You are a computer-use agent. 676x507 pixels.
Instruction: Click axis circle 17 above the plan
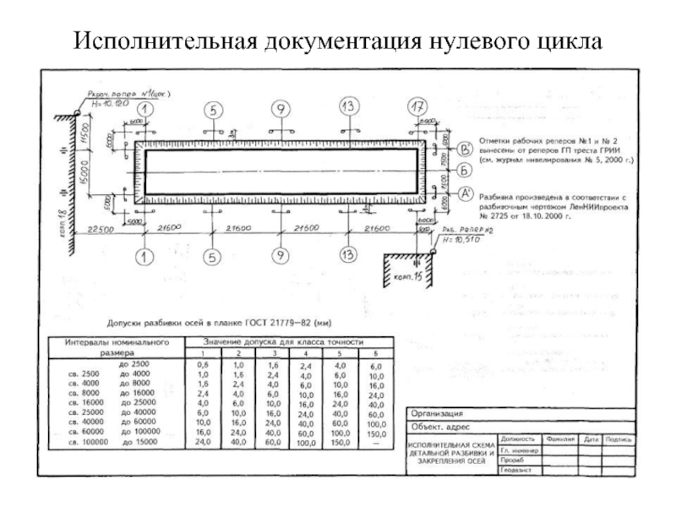point(414,108)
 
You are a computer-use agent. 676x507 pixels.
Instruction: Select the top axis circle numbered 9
point(281,108)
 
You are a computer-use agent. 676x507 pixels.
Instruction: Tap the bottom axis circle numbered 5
point(213,257)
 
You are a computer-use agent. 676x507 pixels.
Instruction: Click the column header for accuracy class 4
point(306,352)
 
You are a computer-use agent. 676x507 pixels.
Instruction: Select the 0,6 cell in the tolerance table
point(202,364)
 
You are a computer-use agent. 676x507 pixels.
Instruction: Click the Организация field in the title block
point(436,414)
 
